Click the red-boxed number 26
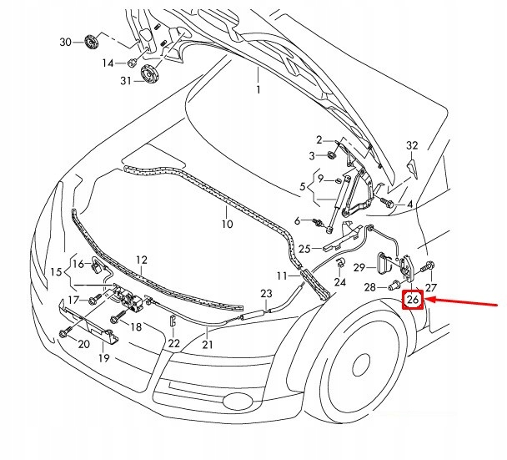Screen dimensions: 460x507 (413, 300)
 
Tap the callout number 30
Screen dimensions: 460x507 (64, 42)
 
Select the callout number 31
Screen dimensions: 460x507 (126, 80)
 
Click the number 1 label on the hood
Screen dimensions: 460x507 (258, 89)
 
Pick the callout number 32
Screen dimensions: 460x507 (410, 145)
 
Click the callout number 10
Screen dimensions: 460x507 (227, 225)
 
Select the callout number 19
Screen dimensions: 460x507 (104, 358)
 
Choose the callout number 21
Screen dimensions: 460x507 (208, 344)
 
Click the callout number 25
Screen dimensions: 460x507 (304, 248)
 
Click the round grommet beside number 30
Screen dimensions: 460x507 (90, 42)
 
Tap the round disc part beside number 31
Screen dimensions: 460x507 (150, 75)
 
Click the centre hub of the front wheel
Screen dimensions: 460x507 (361, 365)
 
